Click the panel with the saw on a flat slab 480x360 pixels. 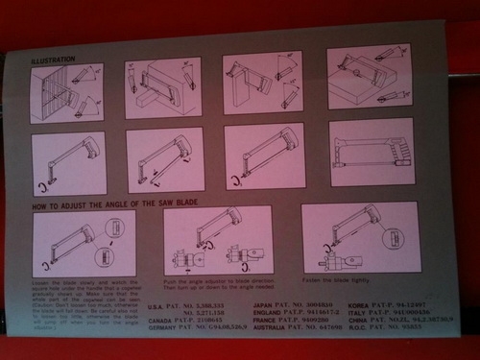coord(369,79)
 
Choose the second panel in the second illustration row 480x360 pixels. coord(165,158)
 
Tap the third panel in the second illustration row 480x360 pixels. coord(265,156)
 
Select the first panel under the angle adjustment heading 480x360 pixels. coord(84,242)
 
